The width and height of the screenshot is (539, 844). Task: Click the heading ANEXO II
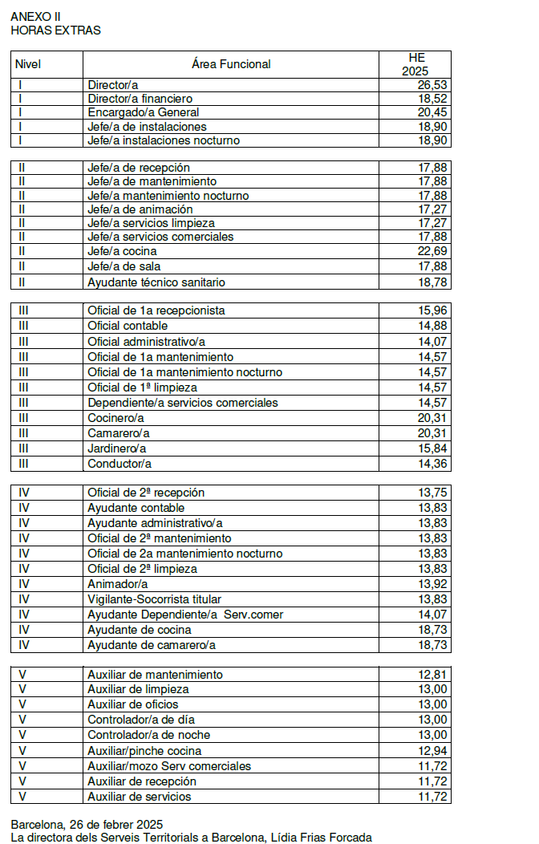coord(36,17)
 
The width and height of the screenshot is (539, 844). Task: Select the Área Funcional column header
coord(231,64)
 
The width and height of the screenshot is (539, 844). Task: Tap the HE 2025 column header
coord(415,64)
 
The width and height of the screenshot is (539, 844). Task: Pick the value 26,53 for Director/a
coord(432,84)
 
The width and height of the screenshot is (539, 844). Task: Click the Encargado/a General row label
coord(143,112)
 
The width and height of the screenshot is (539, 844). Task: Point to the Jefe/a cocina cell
coord(122,251)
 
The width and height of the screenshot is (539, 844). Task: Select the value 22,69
coord(432,251)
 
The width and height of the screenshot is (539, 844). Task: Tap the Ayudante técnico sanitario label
coord(156,282)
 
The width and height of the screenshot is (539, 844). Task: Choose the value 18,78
coord(432,282)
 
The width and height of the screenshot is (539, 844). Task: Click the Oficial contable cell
coord(128,326)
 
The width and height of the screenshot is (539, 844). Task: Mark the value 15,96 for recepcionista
coord(432,310)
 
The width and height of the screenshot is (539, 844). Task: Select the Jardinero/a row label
coord(117,448)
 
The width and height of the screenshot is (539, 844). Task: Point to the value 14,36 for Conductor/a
coord(432,464)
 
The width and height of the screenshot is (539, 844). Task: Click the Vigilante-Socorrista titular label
coord(154,599)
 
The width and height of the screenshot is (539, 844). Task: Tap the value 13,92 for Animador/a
coord(432,584)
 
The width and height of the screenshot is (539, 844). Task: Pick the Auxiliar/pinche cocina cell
coord(144,751)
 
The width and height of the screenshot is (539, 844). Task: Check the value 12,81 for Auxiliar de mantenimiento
coord(432,675)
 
